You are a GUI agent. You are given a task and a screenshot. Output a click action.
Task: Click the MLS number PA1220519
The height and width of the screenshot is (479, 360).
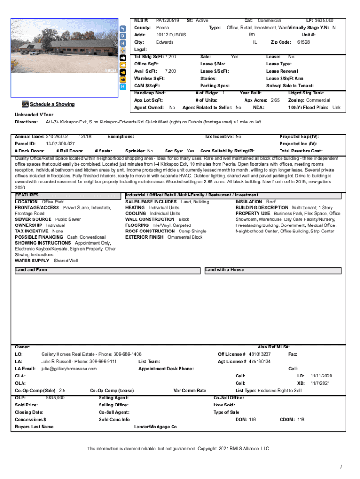click(167, 21)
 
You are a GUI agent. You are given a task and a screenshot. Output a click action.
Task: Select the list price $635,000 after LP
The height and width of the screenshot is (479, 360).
click(320, 21)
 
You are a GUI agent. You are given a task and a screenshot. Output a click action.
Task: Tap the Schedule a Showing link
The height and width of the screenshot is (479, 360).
click(52, 104)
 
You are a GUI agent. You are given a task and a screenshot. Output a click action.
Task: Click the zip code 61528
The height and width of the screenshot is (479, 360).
click(303, 42)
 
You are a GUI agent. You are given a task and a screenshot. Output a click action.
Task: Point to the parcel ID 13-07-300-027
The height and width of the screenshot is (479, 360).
click(60, 144)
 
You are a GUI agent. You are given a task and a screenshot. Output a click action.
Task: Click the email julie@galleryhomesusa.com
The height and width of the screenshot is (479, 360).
click(69, 369)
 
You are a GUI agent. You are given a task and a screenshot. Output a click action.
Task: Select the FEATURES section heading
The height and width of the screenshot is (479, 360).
click(27, 195)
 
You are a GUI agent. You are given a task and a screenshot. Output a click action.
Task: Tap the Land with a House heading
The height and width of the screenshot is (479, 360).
click(224, 270)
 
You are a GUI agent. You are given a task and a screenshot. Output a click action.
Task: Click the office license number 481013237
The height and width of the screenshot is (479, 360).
click(259, 354)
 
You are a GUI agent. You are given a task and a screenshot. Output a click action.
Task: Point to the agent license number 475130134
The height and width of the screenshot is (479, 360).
click(259, 362)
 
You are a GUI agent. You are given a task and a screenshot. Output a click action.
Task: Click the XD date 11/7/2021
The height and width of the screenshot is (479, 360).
click(321, 383)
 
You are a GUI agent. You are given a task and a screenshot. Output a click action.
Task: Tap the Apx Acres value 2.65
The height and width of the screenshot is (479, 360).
click(275, 100)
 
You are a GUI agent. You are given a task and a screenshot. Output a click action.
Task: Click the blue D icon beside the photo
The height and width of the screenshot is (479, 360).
click(123, 36)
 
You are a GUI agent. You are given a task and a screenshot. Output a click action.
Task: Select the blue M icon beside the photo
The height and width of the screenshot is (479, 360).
click(123, 87)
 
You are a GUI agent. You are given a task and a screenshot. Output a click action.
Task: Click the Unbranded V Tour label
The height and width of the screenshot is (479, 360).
click(34, 115)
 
